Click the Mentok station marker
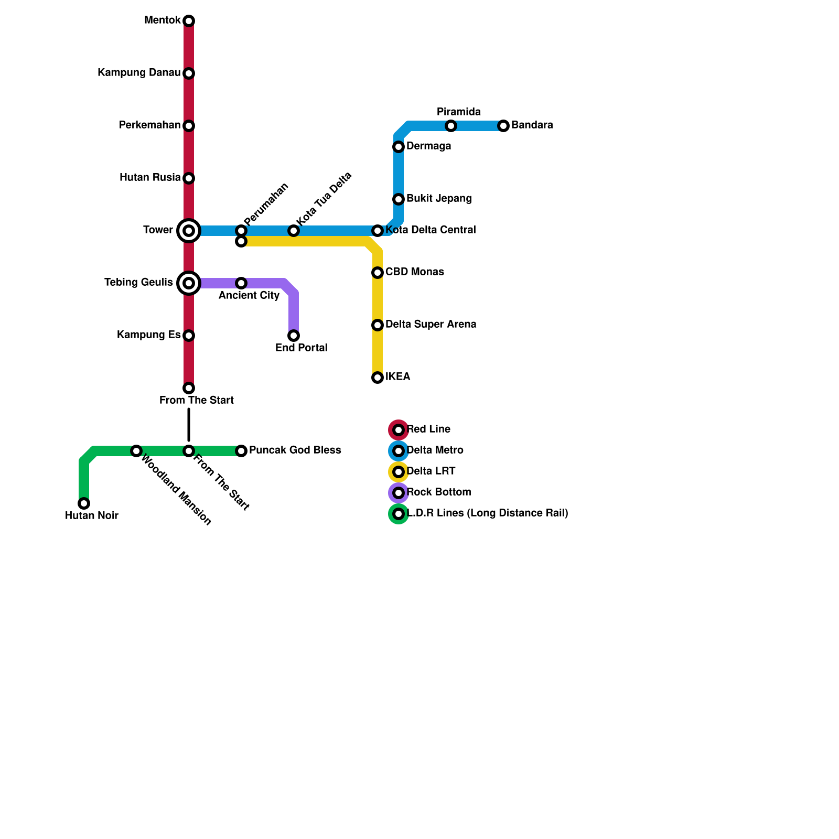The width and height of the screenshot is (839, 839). (x=189, y=21)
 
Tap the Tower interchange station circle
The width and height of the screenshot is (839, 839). (x=189, y=231)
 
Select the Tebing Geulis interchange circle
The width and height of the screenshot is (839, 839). (x=189, y=283)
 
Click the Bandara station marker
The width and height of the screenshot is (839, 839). (x=503, y=126)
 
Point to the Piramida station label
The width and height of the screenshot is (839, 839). (x=458, y=112)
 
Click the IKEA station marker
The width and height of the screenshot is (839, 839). (x=378, y=378)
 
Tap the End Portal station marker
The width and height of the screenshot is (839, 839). (x=294, y=336)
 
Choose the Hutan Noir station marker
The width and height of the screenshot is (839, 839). (x=84, y=503)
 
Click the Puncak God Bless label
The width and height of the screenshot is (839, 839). (x=295, y=450)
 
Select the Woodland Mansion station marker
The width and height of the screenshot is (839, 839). (x=136, y=451)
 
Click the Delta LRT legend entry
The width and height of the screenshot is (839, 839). (x=431, y=471)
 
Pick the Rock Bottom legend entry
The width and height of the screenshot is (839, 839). (x=438, y=492)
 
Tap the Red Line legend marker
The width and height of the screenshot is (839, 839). (x=399, y=430)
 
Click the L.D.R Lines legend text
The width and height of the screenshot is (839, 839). (x=487, y=513)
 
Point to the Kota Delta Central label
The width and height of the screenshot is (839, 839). (x=431, y=230)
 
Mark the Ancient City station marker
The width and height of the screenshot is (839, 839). (x=241, y=283)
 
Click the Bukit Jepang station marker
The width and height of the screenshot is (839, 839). (x=399, y=199)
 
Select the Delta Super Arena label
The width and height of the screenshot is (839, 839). (x=431, y=325)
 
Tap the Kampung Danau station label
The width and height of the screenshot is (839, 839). (x=139, y=73)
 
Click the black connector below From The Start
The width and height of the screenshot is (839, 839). (x=189, y=425)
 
